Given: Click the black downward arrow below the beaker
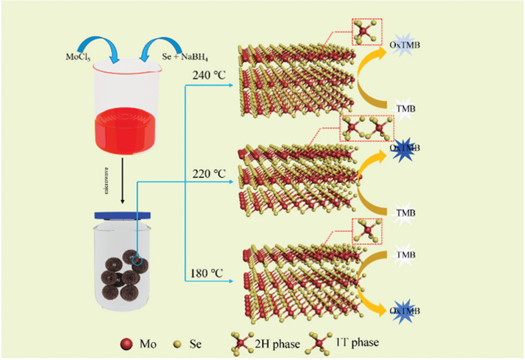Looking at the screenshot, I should [123, 182].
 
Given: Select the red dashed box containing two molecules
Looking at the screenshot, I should [367, 129].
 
